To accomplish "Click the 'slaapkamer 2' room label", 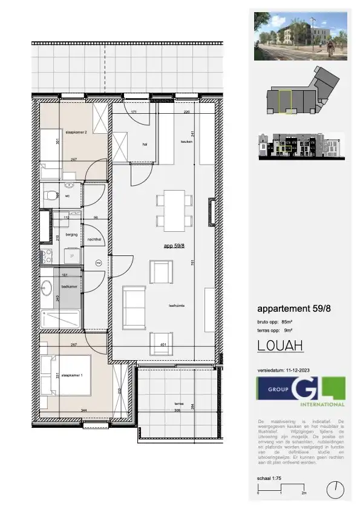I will (x=77, y=130).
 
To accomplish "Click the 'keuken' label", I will (x=186, y=142).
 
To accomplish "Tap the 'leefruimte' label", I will (x=176, y=306).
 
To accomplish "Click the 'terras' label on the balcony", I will (x=178, y=402).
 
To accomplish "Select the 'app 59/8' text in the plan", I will (x=175, y=246).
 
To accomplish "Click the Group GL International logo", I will (x=301, y=392).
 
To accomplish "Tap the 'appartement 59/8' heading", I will (x=294, y=309).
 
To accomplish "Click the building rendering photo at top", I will (x=301, y=36).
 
